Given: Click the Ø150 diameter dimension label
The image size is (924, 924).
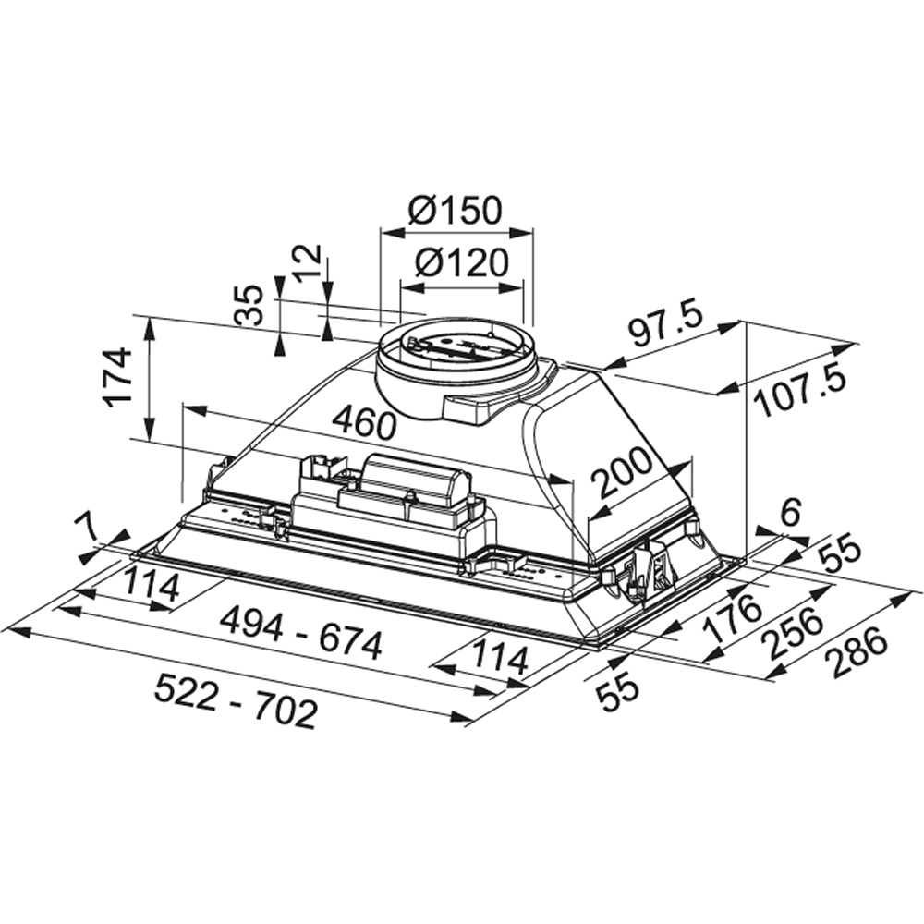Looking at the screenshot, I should pos(455,210).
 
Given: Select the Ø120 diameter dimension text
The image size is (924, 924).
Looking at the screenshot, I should pos(461,264).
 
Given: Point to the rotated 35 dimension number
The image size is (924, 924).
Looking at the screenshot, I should pos(248,306).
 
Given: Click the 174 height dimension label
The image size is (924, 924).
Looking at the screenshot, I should pos(118,377).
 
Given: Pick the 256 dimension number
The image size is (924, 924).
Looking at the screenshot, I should pos(791,636).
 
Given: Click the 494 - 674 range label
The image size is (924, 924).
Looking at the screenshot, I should pos(301,642).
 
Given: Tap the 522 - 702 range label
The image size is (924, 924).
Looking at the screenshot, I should pos(236,699).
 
